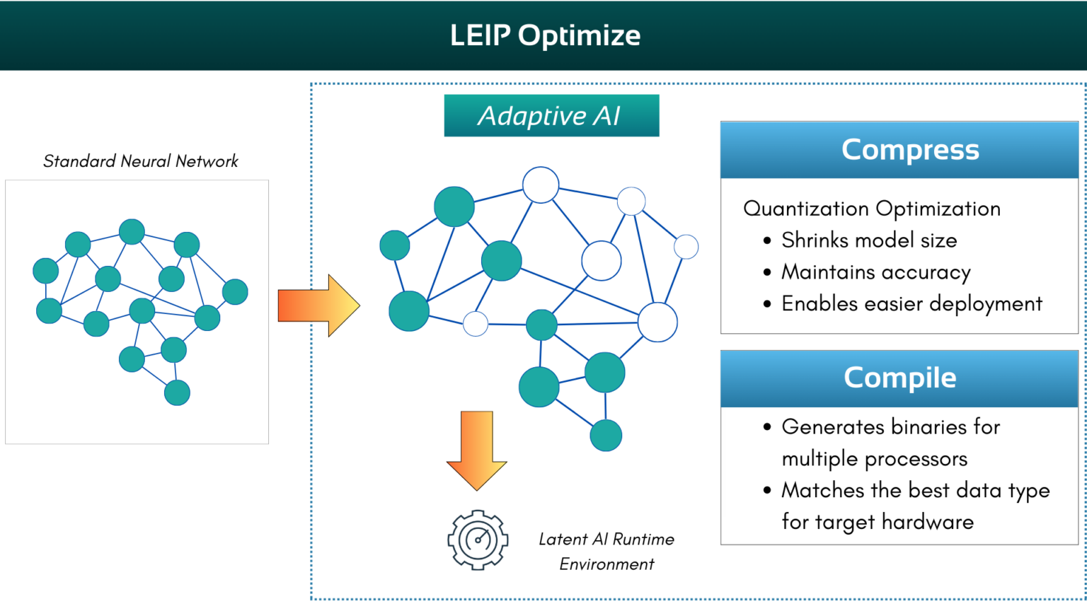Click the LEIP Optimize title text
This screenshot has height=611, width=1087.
[x=545, y=35]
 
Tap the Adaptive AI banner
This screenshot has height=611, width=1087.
[x=551, y=115]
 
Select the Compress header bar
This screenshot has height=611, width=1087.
[x=899, y=150]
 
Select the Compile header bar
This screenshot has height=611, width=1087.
[x=899, y=378]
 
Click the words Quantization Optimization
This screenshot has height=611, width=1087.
[x=872, y=209]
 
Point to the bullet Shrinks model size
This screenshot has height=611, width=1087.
[x=868, y=240]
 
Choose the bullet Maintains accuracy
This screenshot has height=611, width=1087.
[x=875, y=272]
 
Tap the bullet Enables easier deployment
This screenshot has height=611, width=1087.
[x=911, y=304]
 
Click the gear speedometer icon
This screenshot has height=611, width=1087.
[x=478, y=540]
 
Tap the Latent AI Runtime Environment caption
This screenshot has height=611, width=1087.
[x=606, y=552]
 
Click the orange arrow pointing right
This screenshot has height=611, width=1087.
[x=318, y=305]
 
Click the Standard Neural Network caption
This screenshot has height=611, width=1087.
[x=140, y=161]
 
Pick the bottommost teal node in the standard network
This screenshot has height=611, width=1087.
[x=177, y=392]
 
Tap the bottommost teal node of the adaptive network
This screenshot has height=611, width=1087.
[x=606, y=436]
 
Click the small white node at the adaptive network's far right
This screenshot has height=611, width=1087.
[x=686, y=247]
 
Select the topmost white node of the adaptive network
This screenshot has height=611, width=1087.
[x=541, y=185]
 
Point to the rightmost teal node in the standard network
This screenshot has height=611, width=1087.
[x=235, y=291]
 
